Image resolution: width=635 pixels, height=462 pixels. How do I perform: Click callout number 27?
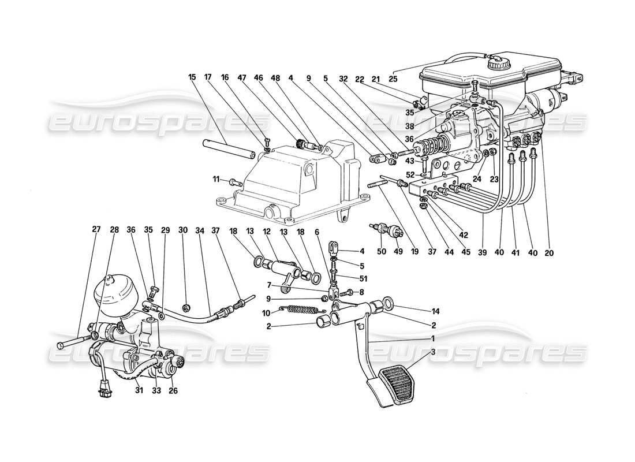point(96,229)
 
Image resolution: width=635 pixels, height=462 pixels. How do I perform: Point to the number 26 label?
point(172,390)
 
